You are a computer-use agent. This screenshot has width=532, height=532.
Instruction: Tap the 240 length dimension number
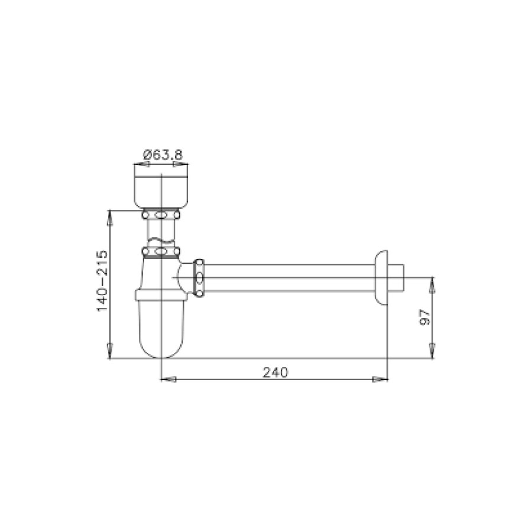tap(275, 372)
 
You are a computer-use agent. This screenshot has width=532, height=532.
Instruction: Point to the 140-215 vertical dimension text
tap(101, 281)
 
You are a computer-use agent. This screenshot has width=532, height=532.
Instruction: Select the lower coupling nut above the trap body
tap(161, 253)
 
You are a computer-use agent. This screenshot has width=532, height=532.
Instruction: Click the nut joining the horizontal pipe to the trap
tap(200, 278)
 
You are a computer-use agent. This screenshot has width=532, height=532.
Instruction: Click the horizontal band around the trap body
tap(161, 295)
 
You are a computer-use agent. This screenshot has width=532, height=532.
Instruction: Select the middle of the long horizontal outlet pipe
tap(290, 278)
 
